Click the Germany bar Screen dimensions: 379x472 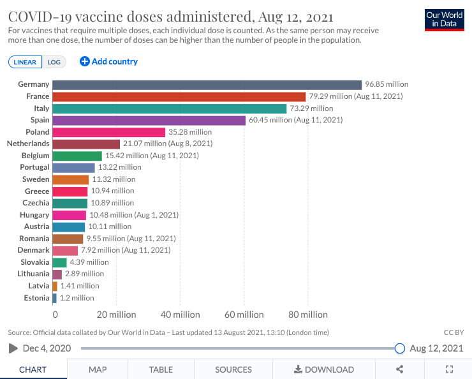pos(207,84)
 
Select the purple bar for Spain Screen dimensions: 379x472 pos(149,120)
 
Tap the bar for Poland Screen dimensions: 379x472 pos(108,132)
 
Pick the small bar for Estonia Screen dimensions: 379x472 pos(54,298)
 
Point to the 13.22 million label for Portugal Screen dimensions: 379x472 pos(119,168)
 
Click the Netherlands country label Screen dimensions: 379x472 pos(28,144)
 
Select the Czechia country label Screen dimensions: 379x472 pos(36,203)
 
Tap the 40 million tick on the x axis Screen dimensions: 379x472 pos(180,315)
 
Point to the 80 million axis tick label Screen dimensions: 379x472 pos(307,315)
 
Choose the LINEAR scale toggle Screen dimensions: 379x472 pos(26,62)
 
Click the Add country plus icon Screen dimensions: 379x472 pos(84,61)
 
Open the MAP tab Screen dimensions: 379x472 pos(98,369)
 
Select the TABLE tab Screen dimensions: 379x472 pos(161,369)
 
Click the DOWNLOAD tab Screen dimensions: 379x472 pos(324,369)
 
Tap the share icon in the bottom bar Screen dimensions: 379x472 pos(400,369)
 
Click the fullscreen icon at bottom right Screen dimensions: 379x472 pos(449,369)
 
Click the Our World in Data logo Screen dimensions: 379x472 pos(444,20)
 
